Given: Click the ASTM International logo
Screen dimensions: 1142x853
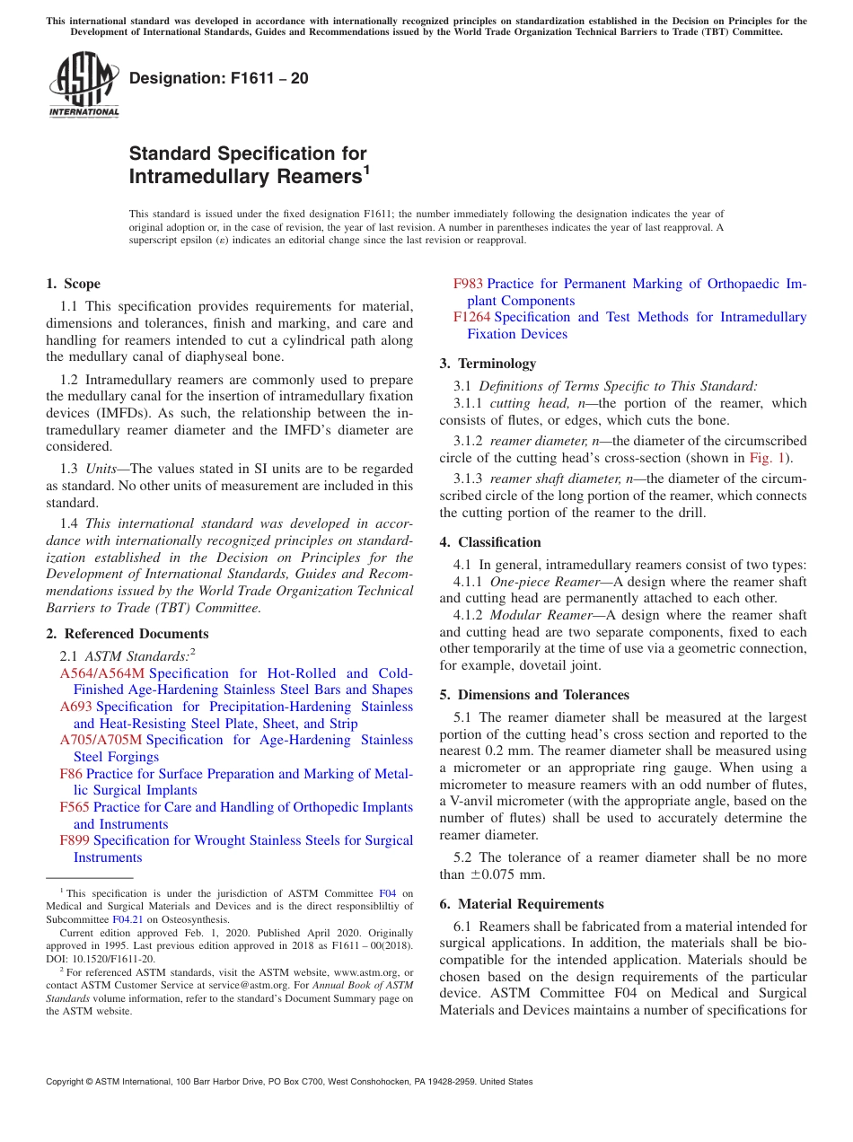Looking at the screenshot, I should pyautogui.click(x=84, y=84).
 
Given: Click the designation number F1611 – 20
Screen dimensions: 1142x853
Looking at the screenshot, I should pyautogui.click(x=219, y=78).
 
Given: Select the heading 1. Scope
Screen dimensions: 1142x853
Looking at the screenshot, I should pyautogui.click(x=74, y=284).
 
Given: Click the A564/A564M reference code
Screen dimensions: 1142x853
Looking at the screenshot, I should pyautogui.click(x=101, y=673).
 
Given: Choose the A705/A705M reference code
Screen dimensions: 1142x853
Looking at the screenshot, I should pyautogui.click(x=101, y=740).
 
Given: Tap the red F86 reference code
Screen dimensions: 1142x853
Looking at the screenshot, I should pyautogui.click(x=71, y=774).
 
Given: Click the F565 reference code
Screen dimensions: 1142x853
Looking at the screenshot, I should pyautogui.click(x=75, y=807).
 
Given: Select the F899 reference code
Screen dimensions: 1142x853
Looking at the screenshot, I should pyautogui.click(x=75, y=840).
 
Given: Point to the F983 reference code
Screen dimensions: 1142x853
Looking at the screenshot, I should pyautogui.click(x=468, y=284).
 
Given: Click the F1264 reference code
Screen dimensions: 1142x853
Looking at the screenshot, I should pyautogui.click(x=471, y=317).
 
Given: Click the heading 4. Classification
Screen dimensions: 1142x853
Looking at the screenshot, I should pyautogui.click(x=490, y=542).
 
